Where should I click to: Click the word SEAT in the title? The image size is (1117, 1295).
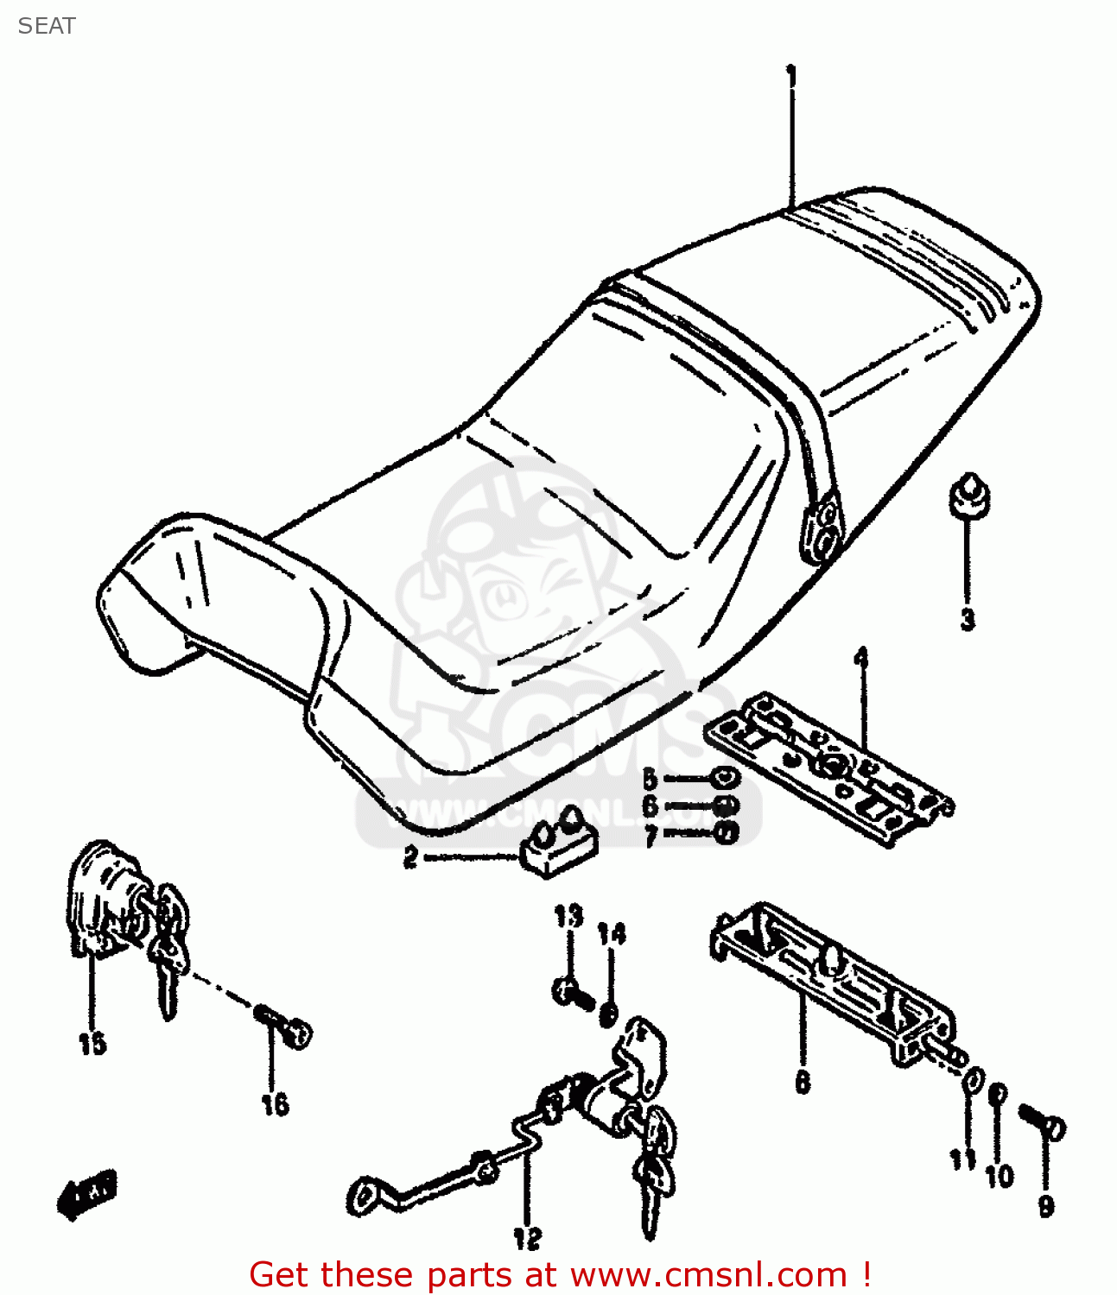pyautogui.click(x=47, y=26)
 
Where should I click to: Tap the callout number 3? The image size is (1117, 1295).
pyautogui.click(x=968, y=618)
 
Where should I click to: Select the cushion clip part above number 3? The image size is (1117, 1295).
pyautogui.click(x=969, y=496)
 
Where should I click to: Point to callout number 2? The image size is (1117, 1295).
pyautogui.click(x=411, y=857)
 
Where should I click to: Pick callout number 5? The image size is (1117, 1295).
pyautogui.click(x=650, y=779)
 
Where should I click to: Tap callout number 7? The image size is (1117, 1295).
pyautogui.click(x=651, y=835)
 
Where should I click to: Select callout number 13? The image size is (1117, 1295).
pyautogui.click(x=568, y=916)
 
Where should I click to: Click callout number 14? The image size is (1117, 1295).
pyautogui.click(x=612, y=934)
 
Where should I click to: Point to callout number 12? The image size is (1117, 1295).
pyautogui.click(x=527, y=1238)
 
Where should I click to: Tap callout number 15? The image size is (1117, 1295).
pyautogui.click(x=92, y=1044)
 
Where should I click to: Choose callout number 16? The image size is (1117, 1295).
pyautogui.click(x=275, y=1104)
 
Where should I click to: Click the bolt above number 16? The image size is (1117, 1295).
pyautogui.click(x=284, y=1025)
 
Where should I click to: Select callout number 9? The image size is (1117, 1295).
pyautogui.click(x=1046, y=1205)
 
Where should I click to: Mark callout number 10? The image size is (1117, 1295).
pyautogui.click(x=1000, y=1176)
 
